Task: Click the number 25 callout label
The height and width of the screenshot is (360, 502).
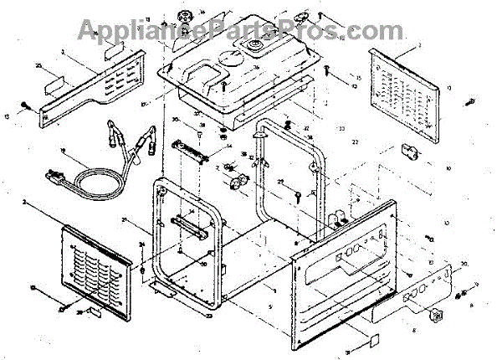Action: pos(38,64)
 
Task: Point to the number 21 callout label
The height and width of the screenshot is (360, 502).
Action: pos(147,220)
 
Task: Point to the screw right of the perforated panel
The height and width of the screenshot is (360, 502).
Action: pos(469,103)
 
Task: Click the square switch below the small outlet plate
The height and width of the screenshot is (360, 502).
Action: pos(433,316)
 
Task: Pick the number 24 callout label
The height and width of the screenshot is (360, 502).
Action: pos(142,244)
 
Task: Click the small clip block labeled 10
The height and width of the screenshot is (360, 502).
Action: pos(411,151)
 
